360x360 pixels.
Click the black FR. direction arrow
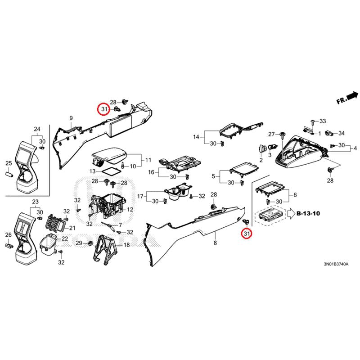pos(352,96)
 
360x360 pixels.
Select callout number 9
pos(71,118)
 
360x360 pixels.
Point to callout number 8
pos(215,243)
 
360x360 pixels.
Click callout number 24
pos(37,129)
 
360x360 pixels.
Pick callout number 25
pos(8,163)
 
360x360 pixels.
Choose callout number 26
pos(8,235)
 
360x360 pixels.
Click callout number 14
pos(196,137)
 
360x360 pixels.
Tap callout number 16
pos(151,172)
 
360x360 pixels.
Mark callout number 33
pos(322,121)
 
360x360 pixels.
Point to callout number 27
pos(271,135)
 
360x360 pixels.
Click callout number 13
pos(92,171)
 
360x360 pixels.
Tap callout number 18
pos(126,245)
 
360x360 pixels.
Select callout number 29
pos(78,243)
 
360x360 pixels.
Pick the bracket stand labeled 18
pos(104,248)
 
